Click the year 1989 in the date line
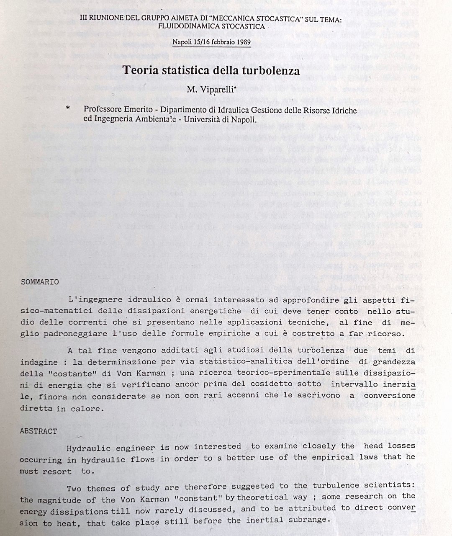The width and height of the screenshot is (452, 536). pos(242,42)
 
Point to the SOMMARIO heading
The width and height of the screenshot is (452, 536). pos(40,282)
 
